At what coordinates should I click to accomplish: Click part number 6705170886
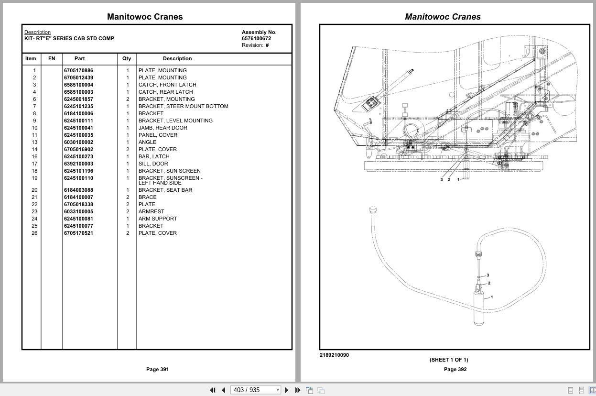point(78,70)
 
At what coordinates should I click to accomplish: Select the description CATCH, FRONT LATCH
point(167,85)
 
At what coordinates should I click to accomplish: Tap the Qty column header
point(126,58)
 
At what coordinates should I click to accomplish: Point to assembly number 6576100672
point(256,38)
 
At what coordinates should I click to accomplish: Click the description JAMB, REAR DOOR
point(163,128)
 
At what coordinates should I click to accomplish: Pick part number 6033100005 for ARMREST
point(78,211)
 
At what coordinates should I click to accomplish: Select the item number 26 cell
point(34,233)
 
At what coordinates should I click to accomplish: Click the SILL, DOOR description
point(153,164)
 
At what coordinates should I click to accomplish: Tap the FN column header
point(52,58)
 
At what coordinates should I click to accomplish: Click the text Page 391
point(157,369)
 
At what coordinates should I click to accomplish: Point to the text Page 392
point(455,369)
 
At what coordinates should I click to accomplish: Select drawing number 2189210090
point(334,355)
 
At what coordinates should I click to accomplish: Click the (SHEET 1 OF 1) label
point(448,360)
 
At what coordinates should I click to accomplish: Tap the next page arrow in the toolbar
point(287,390)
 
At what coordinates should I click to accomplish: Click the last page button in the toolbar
point(298,390)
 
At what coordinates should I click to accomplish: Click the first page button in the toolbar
point(213,390)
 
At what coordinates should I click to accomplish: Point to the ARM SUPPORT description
point(158,219)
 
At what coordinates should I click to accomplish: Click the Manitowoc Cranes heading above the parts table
point(145,17)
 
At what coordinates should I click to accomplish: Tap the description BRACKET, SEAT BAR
point(165,190)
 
